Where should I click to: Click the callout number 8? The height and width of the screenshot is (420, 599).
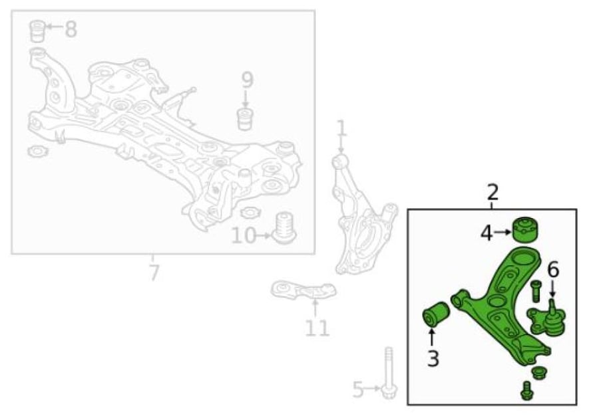(x=71, y=29)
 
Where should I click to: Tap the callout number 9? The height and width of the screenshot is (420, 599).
(x=247, y=80)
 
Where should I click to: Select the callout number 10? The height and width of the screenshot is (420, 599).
(x=244, y=236)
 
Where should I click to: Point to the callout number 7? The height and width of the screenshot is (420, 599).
(x=154, y=272)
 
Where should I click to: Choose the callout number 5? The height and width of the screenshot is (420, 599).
(x=357, y=389)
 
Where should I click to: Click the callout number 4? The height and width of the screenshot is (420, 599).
(x=487, y=233)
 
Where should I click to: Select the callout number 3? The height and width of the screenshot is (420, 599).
(x=433, y=359)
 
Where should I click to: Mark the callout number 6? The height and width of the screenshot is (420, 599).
(x=553, y=270)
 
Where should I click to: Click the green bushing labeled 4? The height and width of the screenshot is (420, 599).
(x=525, y=229)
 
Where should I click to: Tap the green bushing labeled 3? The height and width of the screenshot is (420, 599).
(x=436, y=315)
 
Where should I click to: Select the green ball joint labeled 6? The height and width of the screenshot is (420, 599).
(x=547, y=320)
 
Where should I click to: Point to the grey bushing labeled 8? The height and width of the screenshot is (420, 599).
(x=37, y=31)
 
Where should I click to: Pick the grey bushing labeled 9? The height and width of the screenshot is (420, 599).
(x=246, y=120)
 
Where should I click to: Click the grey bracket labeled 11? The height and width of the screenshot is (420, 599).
(x=303, y=290)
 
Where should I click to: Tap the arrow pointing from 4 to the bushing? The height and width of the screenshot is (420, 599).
(x=502, y=232)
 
